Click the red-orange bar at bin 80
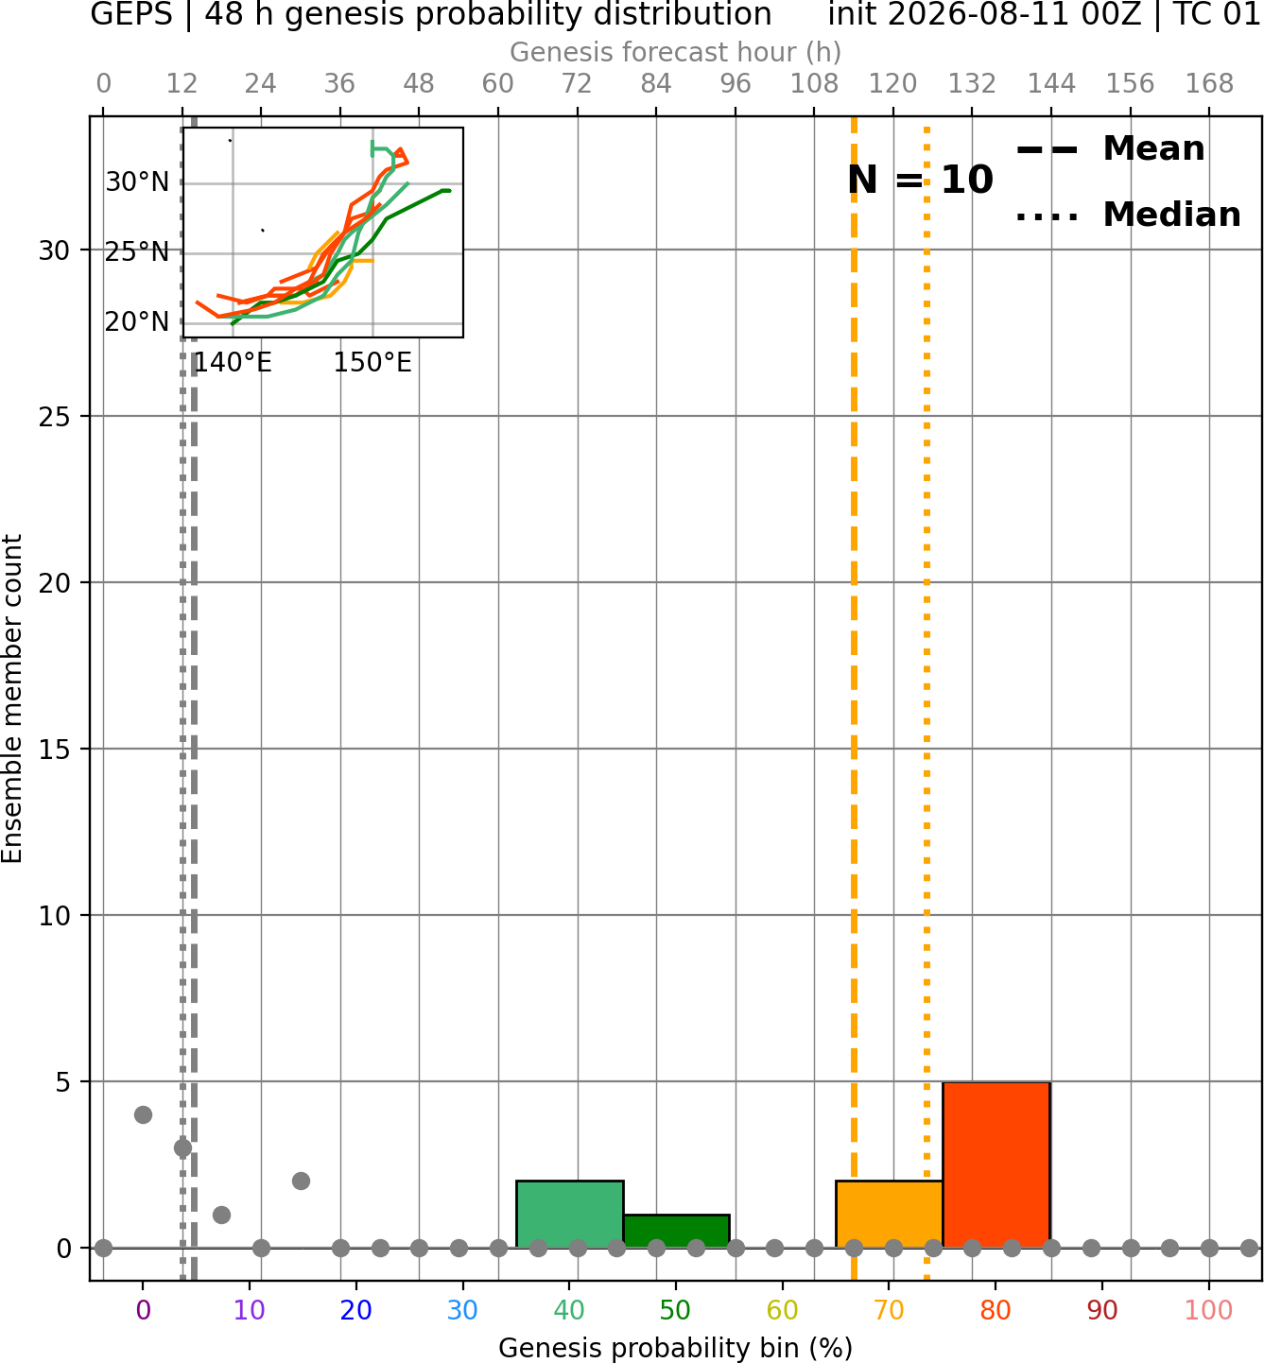(996, 1164)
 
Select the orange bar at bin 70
(889, 1214)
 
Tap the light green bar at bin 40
(569, 1214)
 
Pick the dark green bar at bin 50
(676, 1231)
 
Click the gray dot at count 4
(143, 1114)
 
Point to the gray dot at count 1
(221, 1215)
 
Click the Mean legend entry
(1110, 149)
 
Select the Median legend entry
(1128, 215)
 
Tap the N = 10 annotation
(920, 180)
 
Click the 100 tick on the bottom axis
(1209, 1310)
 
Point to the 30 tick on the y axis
(54, 250)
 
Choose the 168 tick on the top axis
(1209, 84)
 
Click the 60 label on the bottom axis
(782, 1310)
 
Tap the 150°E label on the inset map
(372, 362)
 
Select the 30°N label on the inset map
(137, 182)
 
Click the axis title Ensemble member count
(11, 699)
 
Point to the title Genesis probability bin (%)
(676, 1348)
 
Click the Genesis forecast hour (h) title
(676, 52)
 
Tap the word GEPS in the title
(131, 14)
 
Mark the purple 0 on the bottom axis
(143, 1310)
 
